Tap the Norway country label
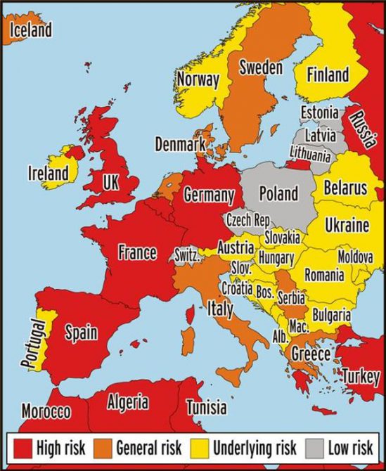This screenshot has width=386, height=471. [198, 79]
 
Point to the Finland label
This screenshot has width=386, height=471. [327, 75]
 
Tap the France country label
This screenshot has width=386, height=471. [137, 252]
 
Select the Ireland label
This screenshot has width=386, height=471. [48, 172]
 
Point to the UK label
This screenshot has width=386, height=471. [111, 182]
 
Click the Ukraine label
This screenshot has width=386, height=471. [347, 226]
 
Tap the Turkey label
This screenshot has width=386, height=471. [361, 376]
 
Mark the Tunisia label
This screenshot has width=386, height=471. [206, 406]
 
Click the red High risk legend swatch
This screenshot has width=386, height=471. [21, 447]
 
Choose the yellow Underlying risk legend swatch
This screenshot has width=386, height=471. [200, 447]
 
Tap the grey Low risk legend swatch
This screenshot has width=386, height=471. [314, 447]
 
